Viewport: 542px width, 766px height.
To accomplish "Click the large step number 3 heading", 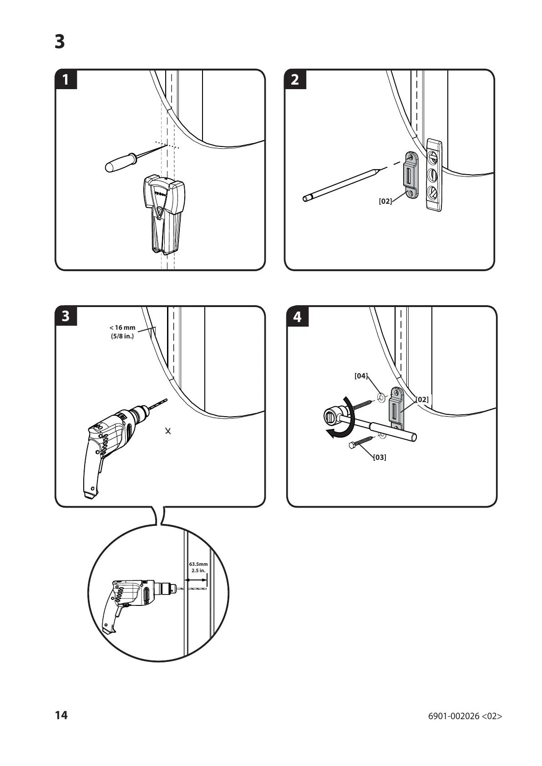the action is (x=60, y=42).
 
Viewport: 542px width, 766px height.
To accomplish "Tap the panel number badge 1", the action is (x=66, y=80).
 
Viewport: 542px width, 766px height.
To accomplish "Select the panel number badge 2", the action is (x=295, y=80).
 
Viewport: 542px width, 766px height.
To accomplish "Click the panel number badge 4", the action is (x=297, y=317).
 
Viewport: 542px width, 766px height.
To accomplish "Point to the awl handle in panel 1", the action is (x=119, y=163).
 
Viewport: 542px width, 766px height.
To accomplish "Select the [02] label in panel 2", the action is (x=385, y=201).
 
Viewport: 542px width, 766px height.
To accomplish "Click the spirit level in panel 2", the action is (x=434, y=175).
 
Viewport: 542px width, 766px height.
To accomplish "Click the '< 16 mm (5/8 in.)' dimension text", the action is (x=122, y=332).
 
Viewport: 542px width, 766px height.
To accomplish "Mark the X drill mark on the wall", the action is (x=168, y=430).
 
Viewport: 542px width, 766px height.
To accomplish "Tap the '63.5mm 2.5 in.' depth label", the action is (x=198, y=567).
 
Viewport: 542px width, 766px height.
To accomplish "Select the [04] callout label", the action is (x=361, y=376).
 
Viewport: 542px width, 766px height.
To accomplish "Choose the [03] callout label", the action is (x=379, y=457).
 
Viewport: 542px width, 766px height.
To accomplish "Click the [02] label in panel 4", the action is (x=422, y=399).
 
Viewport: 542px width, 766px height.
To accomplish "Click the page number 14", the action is (x=61, y=715).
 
